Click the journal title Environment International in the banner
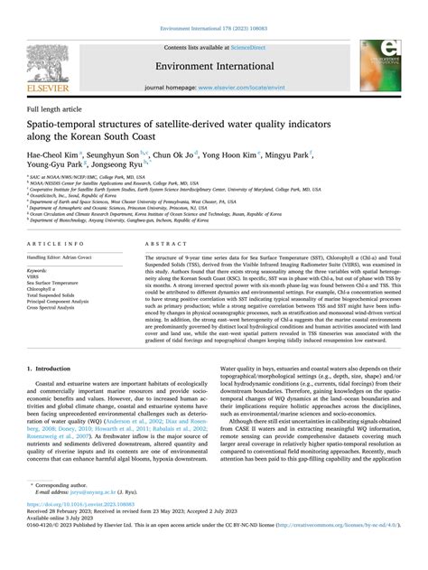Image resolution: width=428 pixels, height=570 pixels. [x=215, y=68]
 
